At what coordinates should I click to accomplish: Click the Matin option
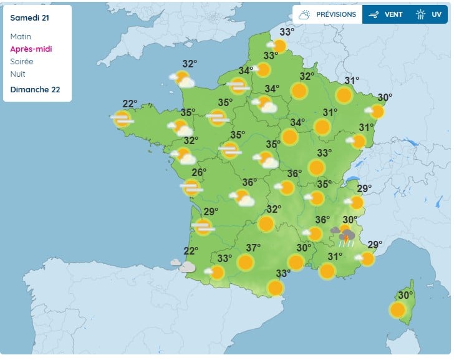pyautogui.click(x=21, y=37)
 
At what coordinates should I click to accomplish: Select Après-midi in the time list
pyautogui.click(x=30, y=49)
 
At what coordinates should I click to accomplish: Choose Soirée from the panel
pyautogui.click(x=22, y=62)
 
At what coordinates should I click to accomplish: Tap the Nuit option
pyautogui.click(x=17, y=74)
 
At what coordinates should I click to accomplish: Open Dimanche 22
pyautogui.click(x=35, y=89)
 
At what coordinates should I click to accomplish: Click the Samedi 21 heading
pyautogui.click(x=30, y=17)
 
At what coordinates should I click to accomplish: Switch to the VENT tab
pyautogui.click(x=386, y=14)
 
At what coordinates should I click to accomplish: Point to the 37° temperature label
pyautogui.click(x=253, y=248)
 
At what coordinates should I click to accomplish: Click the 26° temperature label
pyautogui.click(x=198, y=172)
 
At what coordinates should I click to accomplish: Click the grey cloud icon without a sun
pyautogui.click(x=186, y=267)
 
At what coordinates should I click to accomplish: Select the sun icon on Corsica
pyautogui.click(x=397, y=309)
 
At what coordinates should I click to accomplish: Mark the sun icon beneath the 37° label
pyautogui.click(x=246, y=262)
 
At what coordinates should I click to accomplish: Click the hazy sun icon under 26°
pyautogui.click(x=191, y=187)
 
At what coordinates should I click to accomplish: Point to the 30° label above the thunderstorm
pyautogui.click(x=350, y=220)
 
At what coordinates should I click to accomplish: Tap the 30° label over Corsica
pyautogui.click(x=405, y=295)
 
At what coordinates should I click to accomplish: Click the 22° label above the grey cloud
pyautogui.click(x=191, y=251)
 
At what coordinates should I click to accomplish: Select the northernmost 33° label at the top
pyautogui.click(x=287, y=32)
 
